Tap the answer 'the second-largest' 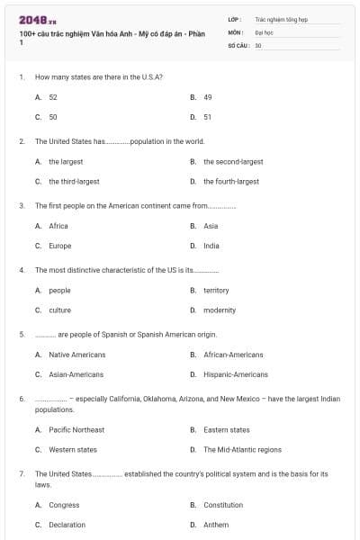pos(233,161)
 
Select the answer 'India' pos(211,245)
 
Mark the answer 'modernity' pos(220,310)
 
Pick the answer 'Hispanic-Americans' pos(236,374)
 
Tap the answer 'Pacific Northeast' pos(76,429)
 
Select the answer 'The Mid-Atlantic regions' pos(242,449)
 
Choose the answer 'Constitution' pos(223,505)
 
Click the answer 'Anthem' pos(216,524)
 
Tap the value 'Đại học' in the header pos(263,31)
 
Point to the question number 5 pos(22,334)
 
